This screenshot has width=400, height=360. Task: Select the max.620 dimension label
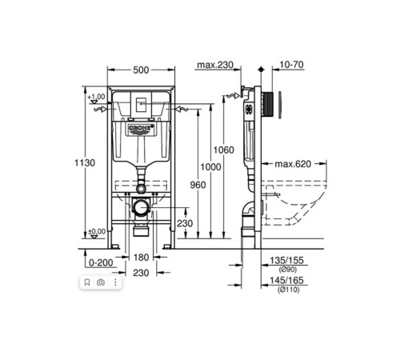pos(293,164)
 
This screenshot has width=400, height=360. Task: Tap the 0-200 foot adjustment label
pos(99,262)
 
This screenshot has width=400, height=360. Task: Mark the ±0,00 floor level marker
pos(98,230)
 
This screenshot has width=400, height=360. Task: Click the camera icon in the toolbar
pos(101,282)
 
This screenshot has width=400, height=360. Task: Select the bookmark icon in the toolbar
pos(86,282)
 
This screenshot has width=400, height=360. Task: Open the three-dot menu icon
pos(115,282)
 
